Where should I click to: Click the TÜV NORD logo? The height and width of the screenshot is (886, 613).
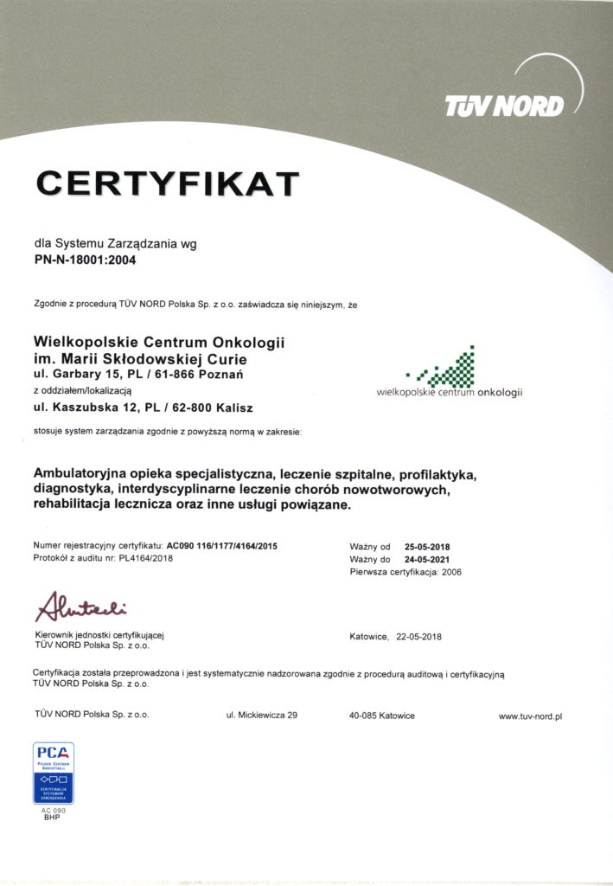pos(504,106)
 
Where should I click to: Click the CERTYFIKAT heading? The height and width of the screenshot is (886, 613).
pos(167,183)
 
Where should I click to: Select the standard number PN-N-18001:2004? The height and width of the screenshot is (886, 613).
pos(85,258)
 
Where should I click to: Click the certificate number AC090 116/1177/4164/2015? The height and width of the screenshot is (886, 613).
pos(222,547)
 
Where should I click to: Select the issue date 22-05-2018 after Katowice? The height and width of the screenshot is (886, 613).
pos(419,636)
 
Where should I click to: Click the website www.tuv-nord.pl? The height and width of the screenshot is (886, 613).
pos(530,716)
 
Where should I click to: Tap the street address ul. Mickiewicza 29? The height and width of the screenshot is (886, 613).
pos(261,716)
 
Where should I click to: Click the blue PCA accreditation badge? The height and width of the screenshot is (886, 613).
pos(54,773)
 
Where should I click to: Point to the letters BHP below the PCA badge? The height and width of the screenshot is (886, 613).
pos(54,817)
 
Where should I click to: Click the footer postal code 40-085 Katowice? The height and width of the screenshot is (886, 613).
pos(381,716)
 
